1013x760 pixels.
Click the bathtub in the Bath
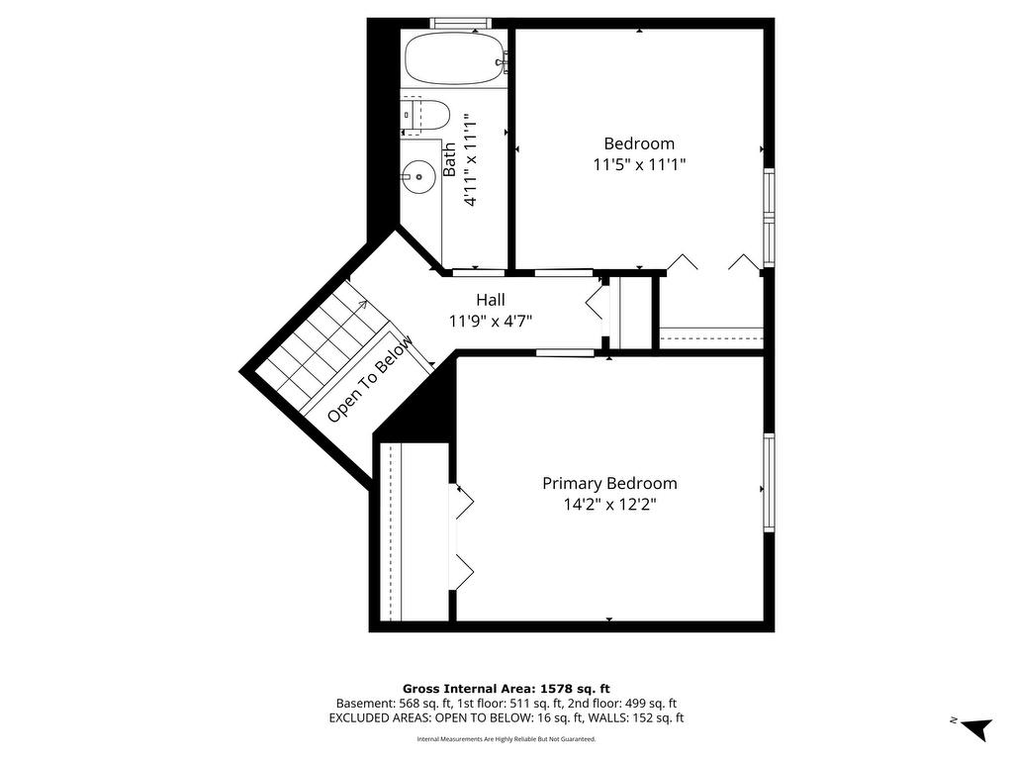pyautogui.click(x=454, y=58)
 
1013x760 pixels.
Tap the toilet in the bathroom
pyautogui.click(x=425, y=117)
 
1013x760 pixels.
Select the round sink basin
pyautogui.click(x=418, y=176)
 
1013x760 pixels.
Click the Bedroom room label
pyautogui.click(x=639, y=143)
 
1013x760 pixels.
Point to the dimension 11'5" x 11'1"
pyautogui.click(x=639, y=165)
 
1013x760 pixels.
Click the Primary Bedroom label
pyautogui.click(x=609, y=483)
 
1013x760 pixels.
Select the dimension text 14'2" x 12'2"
pyautogui.click(x=609, y=504)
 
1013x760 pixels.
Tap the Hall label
pyautogui.click(x=491, y=300)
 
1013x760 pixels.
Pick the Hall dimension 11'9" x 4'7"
pyautogui.click(x=491, y=321)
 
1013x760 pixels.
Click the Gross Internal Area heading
pyautogui.click(x=506, y=689)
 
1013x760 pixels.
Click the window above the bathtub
pyautogui.click(x=461, y=24)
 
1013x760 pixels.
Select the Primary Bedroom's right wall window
pyautogui.click(x=769, y=482)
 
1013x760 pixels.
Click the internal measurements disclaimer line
pyautogui.click(x=506, y=738)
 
